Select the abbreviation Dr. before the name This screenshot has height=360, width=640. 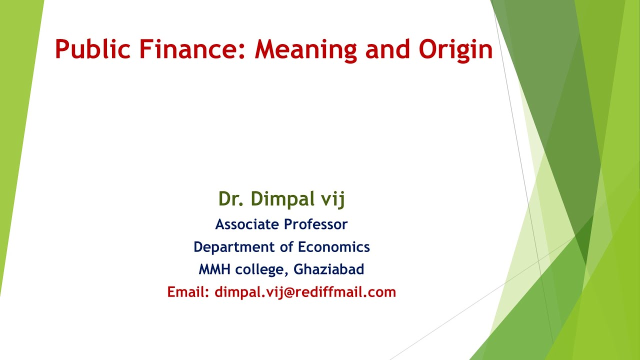[230, 199]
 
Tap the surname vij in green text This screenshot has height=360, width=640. [334, 199]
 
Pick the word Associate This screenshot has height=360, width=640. [247, 224]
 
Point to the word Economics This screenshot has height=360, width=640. [334, 247]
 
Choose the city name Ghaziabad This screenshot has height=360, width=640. [328, 269]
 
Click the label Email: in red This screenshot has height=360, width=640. [188, 292]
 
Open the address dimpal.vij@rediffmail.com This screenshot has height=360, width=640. [305, 292]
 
